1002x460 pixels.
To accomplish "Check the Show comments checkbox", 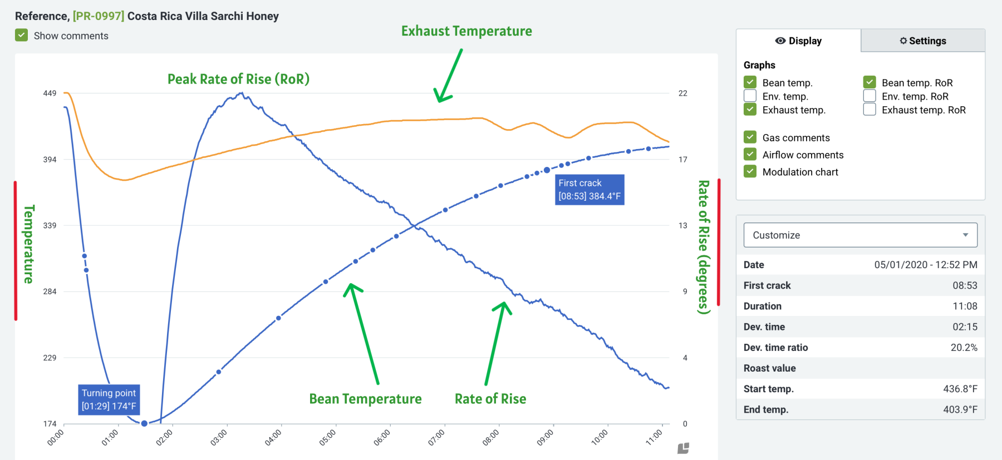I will [22, 36].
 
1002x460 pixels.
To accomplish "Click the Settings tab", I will [922, 41].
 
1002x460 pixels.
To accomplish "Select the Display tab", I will [798, 41].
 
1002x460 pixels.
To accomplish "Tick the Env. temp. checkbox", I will [750, 96].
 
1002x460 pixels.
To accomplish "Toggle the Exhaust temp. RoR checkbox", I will [870, 110].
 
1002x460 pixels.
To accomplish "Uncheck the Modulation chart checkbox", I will [750, 171].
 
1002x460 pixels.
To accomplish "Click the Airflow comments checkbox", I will [750, 155].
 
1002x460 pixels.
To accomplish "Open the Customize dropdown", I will [860, 235].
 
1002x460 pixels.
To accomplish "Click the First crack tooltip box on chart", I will [589, 190].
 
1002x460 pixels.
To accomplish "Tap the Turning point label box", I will [109, 399].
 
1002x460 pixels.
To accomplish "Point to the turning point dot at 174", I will [144, 423].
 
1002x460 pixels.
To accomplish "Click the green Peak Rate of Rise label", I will [238, 79].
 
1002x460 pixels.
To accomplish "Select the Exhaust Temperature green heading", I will [466, 31].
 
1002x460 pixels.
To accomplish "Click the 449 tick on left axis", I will [50, 93].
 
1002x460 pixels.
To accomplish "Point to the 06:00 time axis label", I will [382, 437].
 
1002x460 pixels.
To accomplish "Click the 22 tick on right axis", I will [682, 93].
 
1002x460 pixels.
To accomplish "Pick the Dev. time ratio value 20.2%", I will [964, 348].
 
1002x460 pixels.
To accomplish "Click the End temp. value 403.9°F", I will [960, 409].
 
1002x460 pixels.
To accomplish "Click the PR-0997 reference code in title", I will [99, 16].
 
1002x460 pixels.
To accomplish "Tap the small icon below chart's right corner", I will [683, 448].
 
